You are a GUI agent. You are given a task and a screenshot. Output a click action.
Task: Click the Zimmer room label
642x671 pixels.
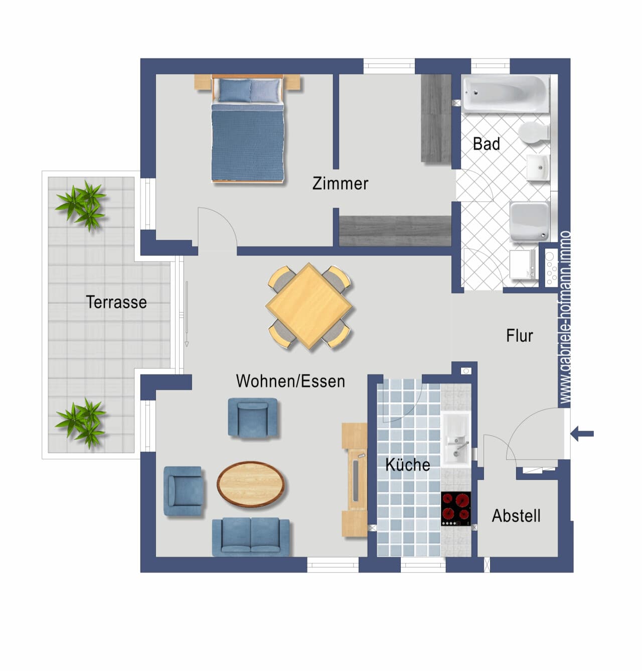[x=340, y=183]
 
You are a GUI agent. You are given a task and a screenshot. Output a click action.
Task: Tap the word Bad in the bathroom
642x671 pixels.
[x=486, y=144]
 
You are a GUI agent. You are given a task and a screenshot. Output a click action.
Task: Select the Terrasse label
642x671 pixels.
[x=116, y=302]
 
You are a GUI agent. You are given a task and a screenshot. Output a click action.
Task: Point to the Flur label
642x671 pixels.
[x=519, y=335]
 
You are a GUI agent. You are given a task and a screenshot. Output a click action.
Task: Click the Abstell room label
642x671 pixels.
[x=516, y=516]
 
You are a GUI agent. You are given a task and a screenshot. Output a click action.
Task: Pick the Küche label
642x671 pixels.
[x=408, y=464]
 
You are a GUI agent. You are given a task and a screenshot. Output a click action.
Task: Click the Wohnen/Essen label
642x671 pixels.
[x=290, y=381]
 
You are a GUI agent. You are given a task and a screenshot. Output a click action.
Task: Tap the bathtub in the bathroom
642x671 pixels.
[x=505, y=94]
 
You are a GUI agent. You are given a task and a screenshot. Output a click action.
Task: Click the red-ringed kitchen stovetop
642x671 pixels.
[x=455, y=508]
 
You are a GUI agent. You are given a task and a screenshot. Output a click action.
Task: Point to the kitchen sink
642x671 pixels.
[x=455, y=439]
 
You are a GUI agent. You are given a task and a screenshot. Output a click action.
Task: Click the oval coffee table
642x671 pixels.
[x=251, y=484]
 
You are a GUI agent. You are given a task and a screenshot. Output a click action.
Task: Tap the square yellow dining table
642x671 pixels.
[x=309, y=306]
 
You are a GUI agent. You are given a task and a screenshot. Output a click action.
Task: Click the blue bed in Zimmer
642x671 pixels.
[x=247, y=128]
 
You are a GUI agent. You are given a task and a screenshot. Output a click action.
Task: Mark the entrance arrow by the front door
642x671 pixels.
[x=582, y=434]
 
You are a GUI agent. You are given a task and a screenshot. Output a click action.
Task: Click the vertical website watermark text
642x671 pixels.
[x=564, y=317]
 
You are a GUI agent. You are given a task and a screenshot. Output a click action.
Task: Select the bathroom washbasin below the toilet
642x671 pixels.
[x=538, y=167]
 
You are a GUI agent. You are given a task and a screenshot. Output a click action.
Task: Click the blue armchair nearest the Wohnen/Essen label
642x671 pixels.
[x=253, y=418]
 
